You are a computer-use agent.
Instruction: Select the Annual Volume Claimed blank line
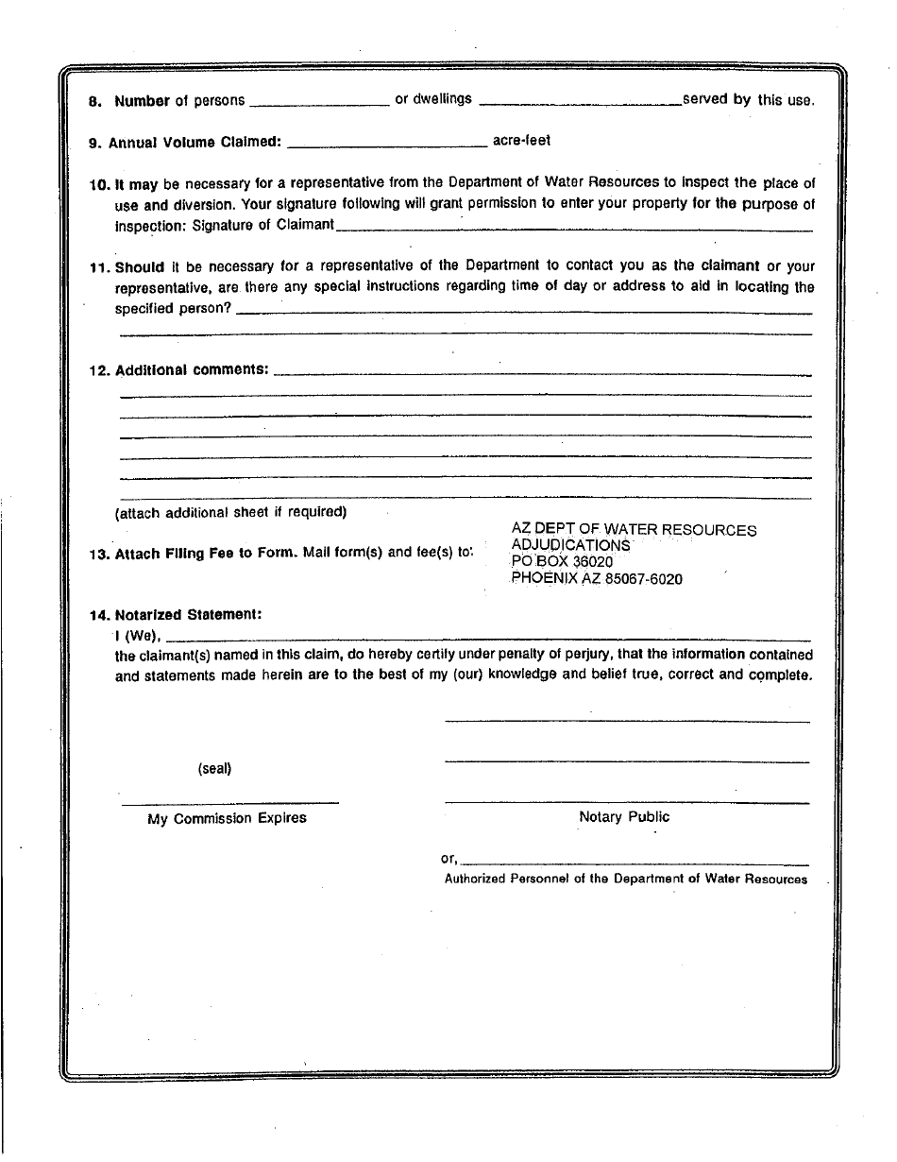tap(386, 145)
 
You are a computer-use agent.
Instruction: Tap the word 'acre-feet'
tap(521, 141)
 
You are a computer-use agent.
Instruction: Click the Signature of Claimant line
tap(573, 228)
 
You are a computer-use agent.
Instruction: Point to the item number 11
tap(99, 267)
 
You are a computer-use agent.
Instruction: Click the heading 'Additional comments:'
tap(192, 370)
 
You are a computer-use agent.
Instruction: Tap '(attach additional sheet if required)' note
tap(231, 513)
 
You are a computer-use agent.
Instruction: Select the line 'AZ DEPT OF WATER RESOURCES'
tap(634, 530)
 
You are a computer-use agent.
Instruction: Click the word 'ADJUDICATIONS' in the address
tap(570, 546)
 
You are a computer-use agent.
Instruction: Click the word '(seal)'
tap(214, 769)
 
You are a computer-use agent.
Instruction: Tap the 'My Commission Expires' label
tap(227, 819)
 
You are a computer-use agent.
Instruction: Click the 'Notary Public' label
tap(624, 817)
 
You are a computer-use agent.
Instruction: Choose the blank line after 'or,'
tap(635, 863)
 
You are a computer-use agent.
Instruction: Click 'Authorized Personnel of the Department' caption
tap(626, 880)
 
